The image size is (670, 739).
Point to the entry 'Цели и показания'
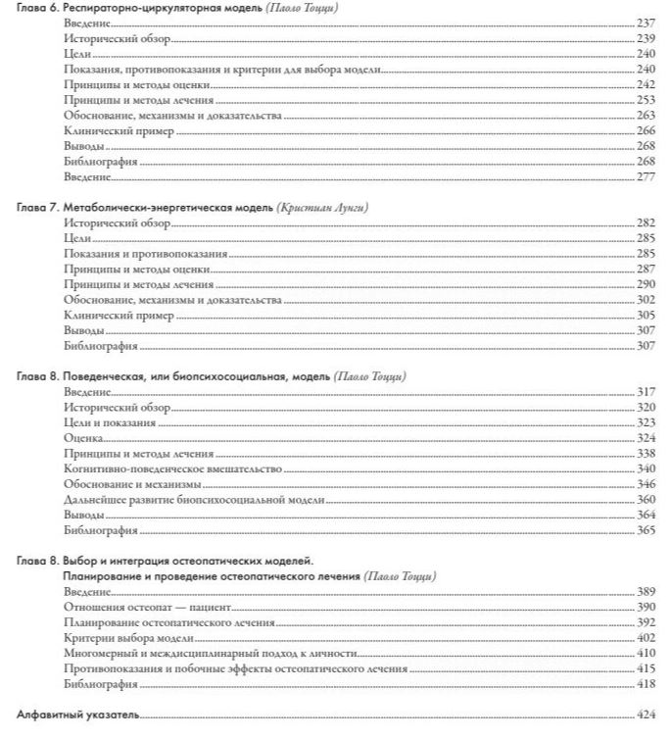[109, 422]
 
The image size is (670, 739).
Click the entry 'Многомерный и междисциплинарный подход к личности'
[207, 653]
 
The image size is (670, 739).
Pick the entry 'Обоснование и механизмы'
[132, 484]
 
